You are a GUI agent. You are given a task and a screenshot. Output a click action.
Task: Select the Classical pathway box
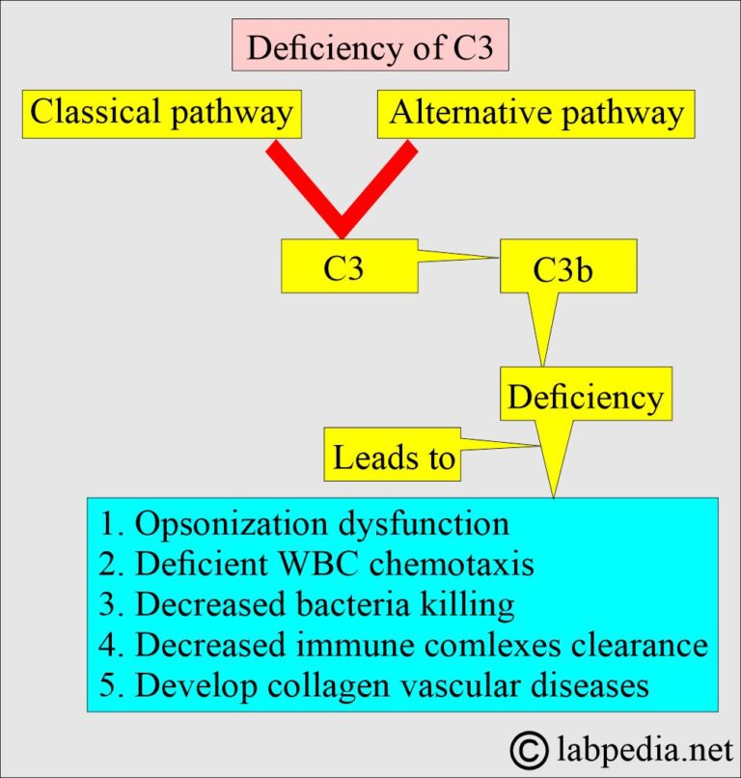pos(161,113)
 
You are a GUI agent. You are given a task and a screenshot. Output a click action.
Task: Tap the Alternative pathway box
pos(536,113)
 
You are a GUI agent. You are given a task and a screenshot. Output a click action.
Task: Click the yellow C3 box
pos(348,266)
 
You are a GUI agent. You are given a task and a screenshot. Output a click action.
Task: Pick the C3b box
pos(568,271)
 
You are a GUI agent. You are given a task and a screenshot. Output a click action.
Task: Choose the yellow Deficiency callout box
pos(585,397)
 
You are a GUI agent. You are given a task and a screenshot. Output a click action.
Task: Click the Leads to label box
pos(393,456)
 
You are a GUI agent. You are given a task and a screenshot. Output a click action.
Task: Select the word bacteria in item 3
pos(368,605)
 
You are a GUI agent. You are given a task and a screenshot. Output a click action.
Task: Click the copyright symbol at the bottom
pos(527,748)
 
